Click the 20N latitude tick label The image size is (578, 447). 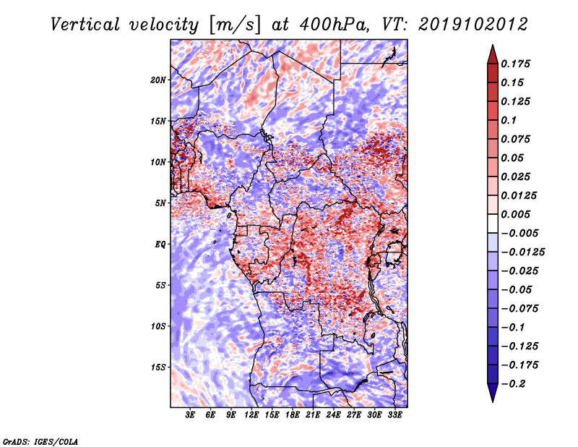point(158,80)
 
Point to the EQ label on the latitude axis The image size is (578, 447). point(160,244)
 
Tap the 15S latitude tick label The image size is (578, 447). point(158,367)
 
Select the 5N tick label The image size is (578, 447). point(160,203)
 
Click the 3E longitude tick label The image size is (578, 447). point(190,415)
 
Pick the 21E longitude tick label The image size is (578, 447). point(313,415)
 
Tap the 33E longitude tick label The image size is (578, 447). point(394,415)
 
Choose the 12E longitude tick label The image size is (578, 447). point(251,415)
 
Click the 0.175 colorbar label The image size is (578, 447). point(515,64)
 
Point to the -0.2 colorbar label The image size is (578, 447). point(513,384)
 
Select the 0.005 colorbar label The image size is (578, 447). point(515,214)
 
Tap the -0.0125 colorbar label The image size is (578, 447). point(522,252)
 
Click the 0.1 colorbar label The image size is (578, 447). point(509,120)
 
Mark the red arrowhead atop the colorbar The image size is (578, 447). point(493,54)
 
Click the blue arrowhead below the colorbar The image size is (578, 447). point(493,393)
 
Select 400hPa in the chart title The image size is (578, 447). point(334,25)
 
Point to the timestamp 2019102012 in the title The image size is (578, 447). point(473,25)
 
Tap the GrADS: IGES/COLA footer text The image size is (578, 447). point(40,441)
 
